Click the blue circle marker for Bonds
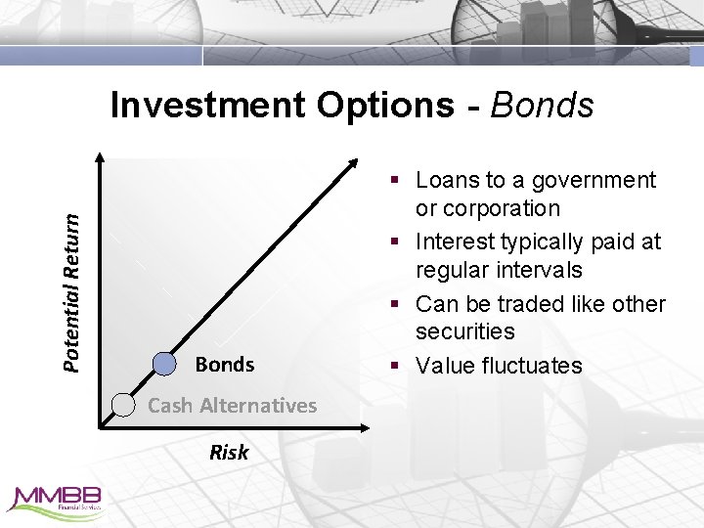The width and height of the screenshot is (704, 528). click(x=165, y=364)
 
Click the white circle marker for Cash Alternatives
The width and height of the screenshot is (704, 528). click(x=123, y=404)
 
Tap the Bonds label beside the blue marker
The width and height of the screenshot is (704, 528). click(x=224, y=365)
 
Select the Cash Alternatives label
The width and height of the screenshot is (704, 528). click(x=232, y=405)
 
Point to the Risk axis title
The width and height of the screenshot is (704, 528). click(x=229, y=452)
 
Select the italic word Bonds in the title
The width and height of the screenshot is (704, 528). click(x=543, y=105)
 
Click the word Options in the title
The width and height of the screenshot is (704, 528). click(x=384, y=105)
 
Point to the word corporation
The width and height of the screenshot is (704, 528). click(x=502, y=208)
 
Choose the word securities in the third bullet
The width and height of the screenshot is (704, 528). click(x=464, y=331)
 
